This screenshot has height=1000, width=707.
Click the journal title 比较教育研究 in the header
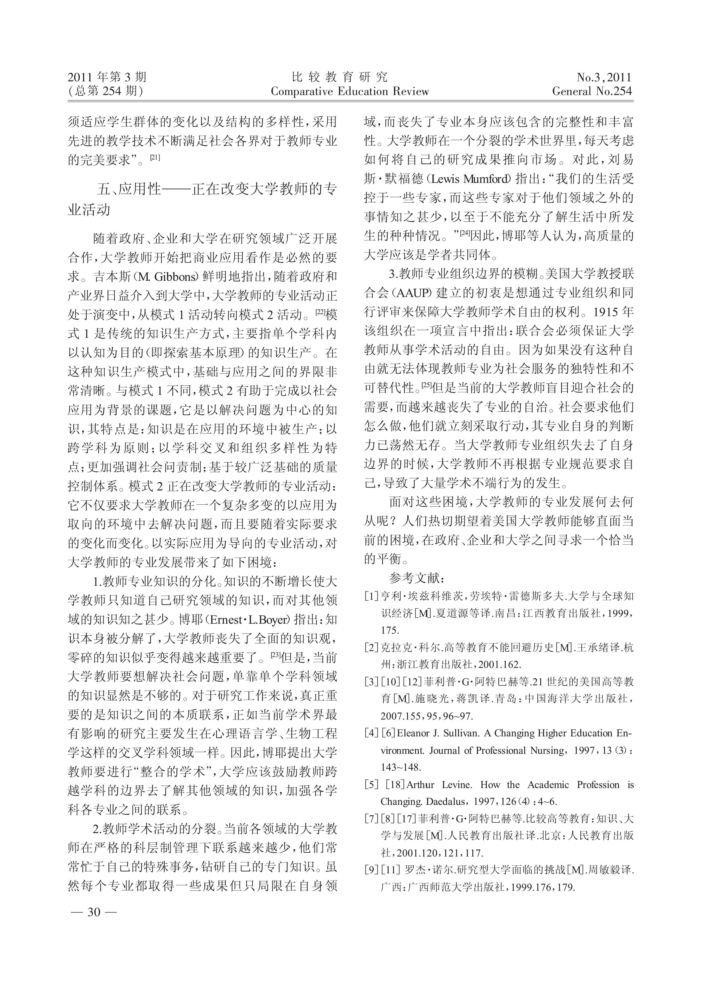(339, 78)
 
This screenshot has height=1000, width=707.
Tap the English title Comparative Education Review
(350, 92)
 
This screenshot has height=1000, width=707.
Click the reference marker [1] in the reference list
(371, 596)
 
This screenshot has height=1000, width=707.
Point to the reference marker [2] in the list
(371, 647)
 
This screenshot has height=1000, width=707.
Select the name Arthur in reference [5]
(420, 785)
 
